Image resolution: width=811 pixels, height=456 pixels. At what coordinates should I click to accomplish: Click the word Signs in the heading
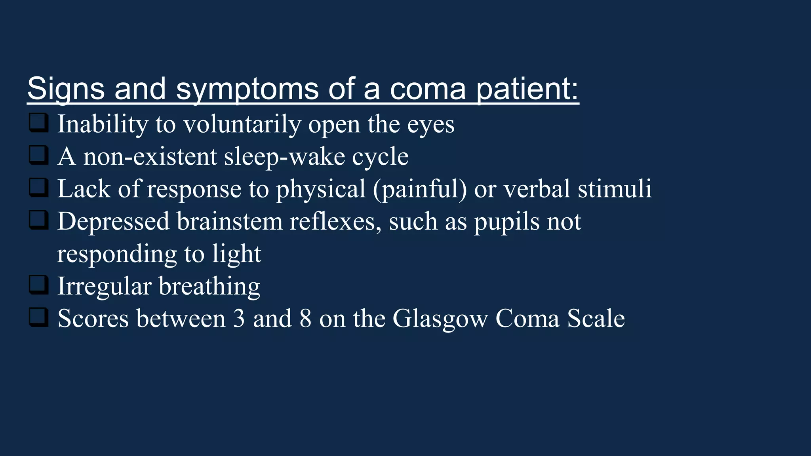coord(66,89)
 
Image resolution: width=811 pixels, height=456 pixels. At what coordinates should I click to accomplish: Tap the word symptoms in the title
coord(247,89)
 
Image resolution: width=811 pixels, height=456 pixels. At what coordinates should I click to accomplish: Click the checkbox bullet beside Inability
coord(39,123)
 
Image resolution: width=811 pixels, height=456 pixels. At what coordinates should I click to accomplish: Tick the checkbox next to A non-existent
coord(39,156)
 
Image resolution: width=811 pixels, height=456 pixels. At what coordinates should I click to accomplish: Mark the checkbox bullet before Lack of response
coord(39,188)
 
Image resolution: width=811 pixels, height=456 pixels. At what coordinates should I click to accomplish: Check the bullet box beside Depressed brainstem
coord(39,220)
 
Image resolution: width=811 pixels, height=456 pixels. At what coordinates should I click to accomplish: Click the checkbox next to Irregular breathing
coord(39,285)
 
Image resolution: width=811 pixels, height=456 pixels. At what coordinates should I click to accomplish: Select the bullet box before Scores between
coord(39,318)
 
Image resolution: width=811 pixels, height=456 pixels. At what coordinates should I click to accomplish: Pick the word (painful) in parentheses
coord(420,190)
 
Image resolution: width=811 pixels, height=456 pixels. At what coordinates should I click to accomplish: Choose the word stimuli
coord(615,189)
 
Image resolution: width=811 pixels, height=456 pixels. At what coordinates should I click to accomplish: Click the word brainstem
coord(230,221)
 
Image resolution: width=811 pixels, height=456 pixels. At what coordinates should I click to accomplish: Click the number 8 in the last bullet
coord(305,319)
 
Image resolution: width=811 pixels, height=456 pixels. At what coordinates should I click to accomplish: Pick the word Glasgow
coord(440,319)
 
